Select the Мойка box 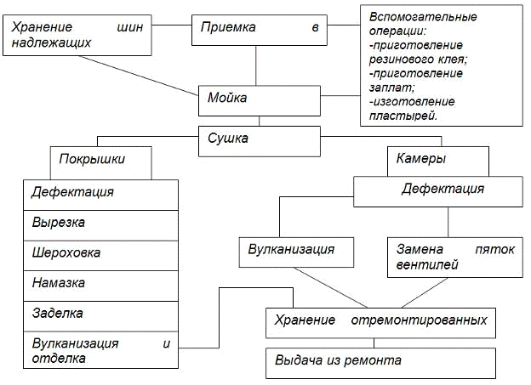(256, 99)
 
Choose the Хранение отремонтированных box (380, 322)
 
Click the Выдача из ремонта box (380, 361)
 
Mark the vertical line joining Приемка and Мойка (256, 65)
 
